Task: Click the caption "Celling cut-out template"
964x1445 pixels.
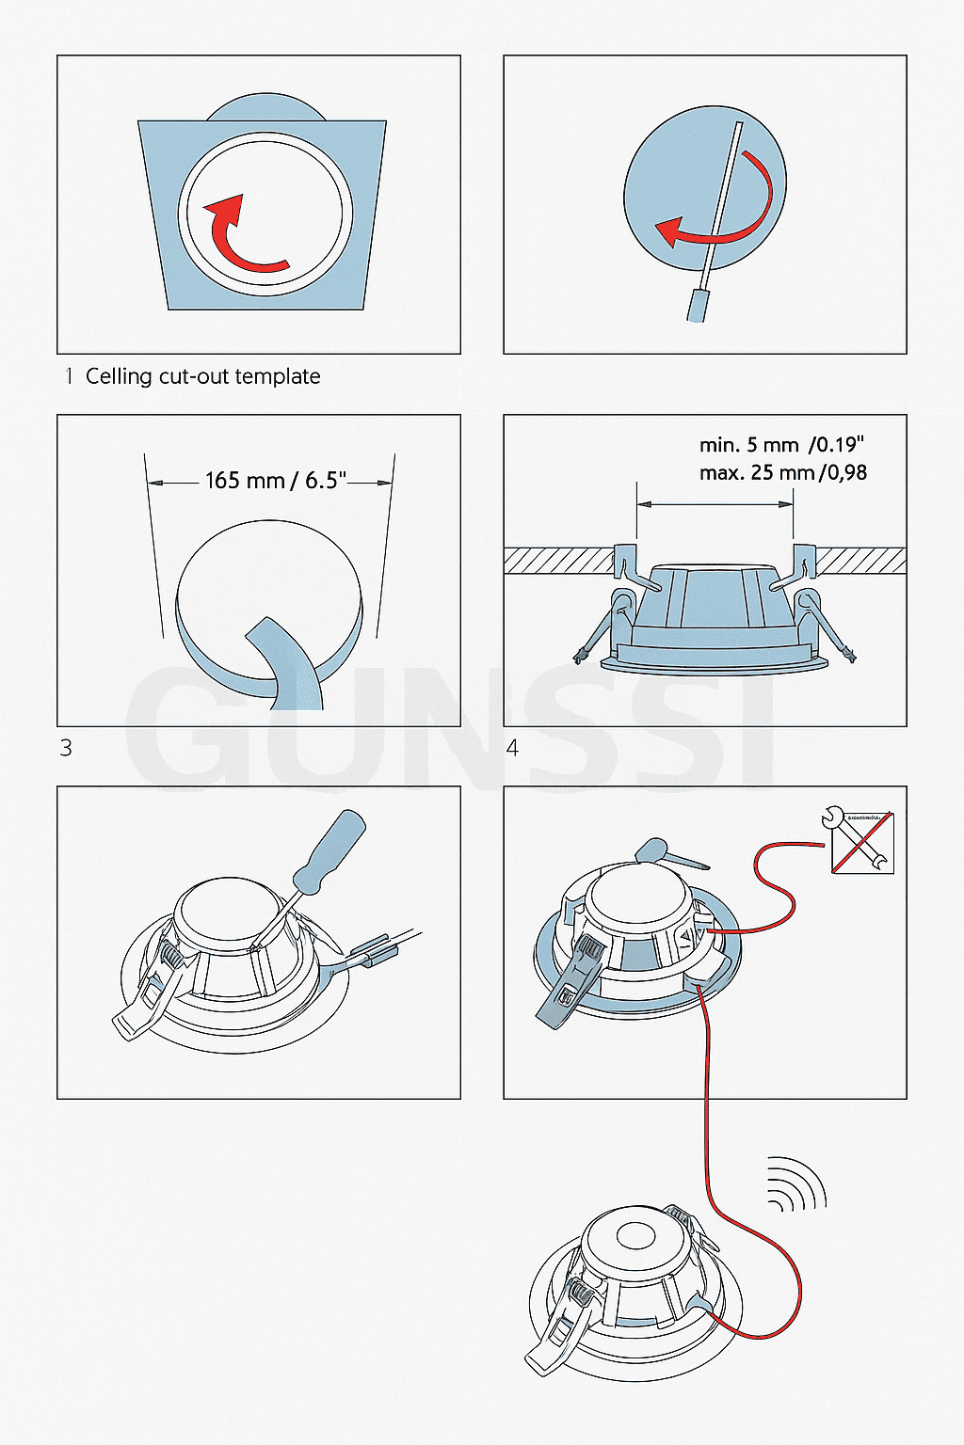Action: click(x=202, y=376)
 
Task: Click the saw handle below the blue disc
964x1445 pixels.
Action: click(x=698, y=306)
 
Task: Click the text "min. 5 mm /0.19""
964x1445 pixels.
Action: click(x=780, y=445)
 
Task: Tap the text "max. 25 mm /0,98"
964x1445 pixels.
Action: click(x=782, y=472)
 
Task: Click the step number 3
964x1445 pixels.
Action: click(x=66, y=748)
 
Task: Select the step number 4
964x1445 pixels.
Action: click(x=512, y=748)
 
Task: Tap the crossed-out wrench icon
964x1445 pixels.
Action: click(x=860, y=841)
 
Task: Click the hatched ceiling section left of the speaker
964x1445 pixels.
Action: click(x=557, y=561)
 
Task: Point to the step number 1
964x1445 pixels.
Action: click(x=68, y=376)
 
